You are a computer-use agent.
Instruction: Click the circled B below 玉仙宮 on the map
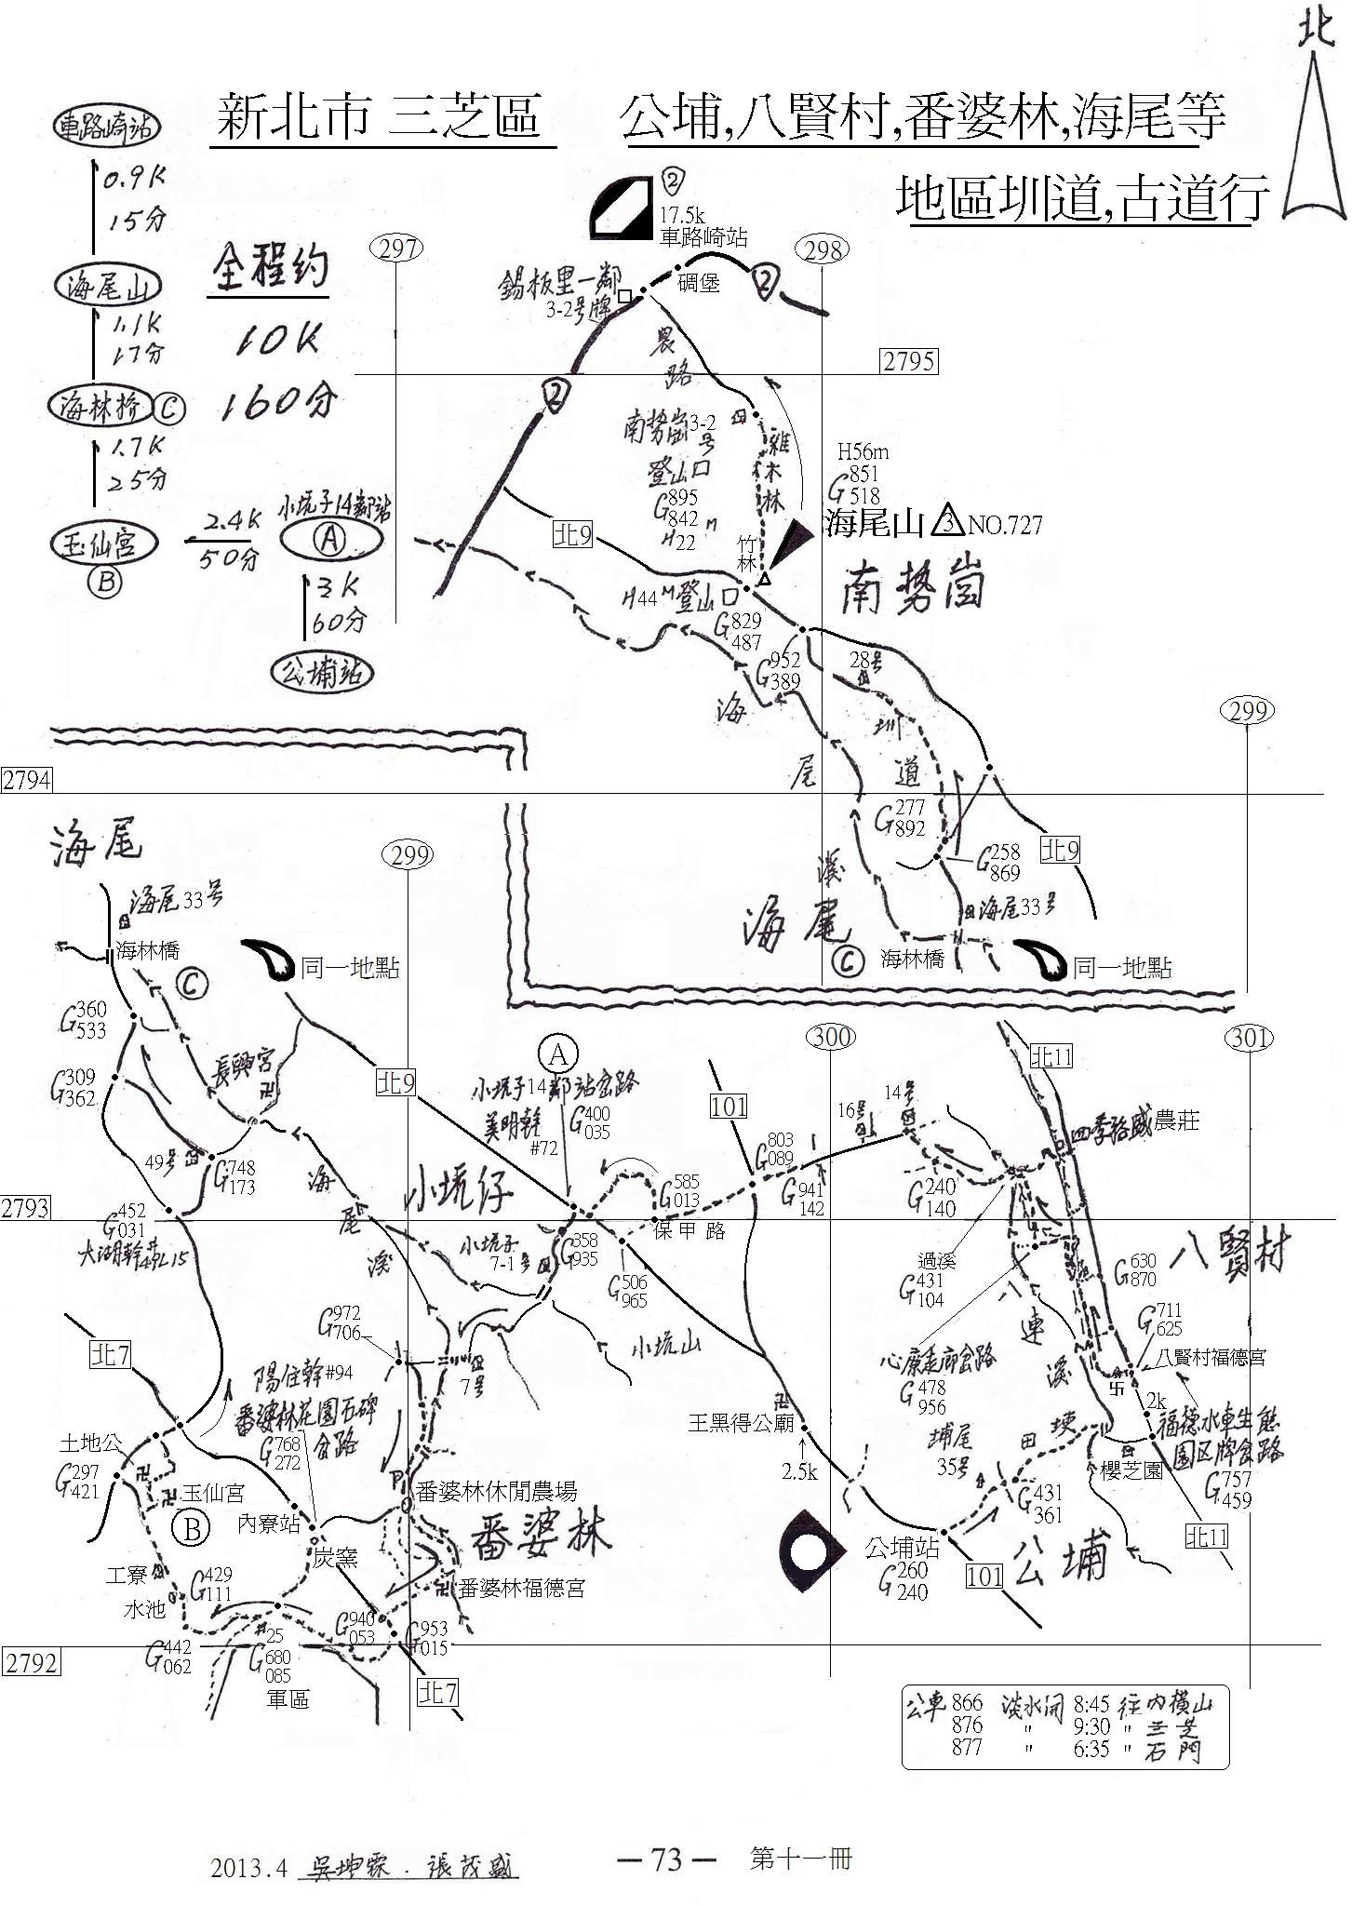click(x=191, y=1529)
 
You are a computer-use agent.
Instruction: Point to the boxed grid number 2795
click(x=908, y=361)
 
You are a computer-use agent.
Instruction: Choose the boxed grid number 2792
click(x=32, y=1662)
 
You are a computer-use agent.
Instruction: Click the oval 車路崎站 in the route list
click(x=105, y=128)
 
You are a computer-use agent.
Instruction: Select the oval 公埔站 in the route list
click(x=317, y=671)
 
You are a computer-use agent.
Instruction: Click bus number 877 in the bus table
click(x=967, y=1747)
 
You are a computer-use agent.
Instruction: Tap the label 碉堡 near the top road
click(x=699, y=283)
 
